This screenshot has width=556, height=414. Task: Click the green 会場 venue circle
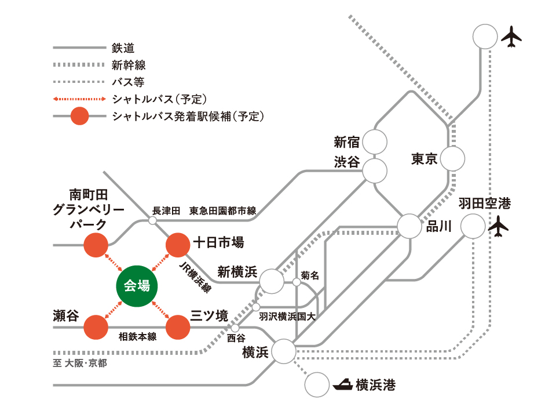(x=137, y=285)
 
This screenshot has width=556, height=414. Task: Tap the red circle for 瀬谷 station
(x=96, y=328)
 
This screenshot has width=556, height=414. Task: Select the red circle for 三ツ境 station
(x=178, y=328)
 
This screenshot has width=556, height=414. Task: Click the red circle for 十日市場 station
(x=178, y=245)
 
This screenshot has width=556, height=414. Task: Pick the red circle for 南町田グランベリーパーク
(x=96, y=245)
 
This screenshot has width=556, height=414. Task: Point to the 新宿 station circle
(x=375, y=141)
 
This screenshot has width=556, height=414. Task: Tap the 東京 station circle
(x=452, y=158)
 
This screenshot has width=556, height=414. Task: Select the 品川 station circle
(x=409, y=226)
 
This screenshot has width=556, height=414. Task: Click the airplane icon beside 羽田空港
(x=498, y=226)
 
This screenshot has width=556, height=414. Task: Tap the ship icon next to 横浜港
(x=342, y=384)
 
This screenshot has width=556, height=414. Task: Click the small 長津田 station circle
(x=153, y=220)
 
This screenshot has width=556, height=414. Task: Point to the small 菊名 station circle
(x=296, y=282)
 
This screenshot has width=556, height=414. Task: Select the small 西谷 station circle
(x=235, y=328)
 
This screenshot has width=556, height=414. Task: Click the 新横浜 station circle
(x=272, y=281)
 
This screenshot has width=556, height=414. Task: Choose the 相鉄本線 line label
(x=137, y=336)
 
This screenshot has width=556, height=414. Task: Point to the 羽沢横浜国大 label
(x=287, y=317)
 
